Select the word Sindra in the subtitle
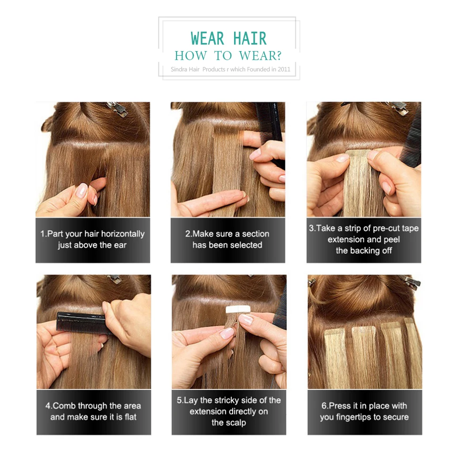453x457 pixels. point(180,69)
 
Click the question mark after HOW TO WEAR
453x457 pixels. point(278,55)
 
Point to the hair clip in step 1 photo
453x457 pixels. point(117,109)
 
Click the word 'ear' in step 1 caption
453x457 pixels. point(120,245)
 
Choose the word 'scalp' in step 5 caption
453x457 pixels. point(235,423)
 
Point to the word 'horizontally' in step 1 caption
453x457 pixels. point(120,234)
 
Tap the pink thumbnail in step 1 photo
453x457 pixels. point(83,191)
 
